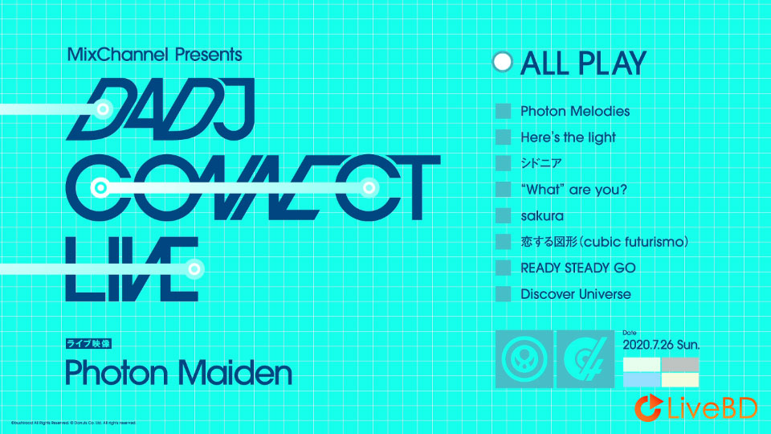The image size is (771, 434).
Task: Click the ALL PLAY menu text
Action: [583, 63]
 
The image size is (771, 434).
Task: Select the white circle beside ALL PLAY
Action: [503, 63]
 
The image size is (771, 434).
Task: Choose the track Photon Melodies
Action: [575, 111]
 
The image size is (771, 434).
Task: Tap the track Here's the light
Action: [568, 137]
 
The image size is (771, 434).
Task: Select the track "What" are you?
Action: [573, 190]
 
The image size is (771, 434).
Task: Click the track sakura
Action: [542, 215]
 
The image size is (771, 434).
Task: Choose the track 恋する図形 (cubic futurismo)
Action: [605, 241]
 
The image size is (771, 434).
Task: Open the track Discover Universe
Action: [576, 294]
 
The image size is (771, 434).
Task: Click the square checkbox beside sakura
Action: [504, 215]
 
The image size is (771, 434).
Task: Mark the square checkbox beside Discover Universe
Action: [504, 294]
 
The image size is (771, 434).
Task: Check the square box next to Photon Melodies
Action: [504, 111]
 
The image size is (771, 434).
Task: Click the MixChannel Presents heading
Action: [154, 55]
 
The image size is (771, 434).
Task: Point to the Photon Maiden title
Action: [178, 373]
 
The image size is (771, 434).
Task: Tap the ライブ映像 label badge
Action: [88, 344]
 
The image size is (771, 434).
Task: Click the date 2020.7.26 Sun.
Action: [661, 345]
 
